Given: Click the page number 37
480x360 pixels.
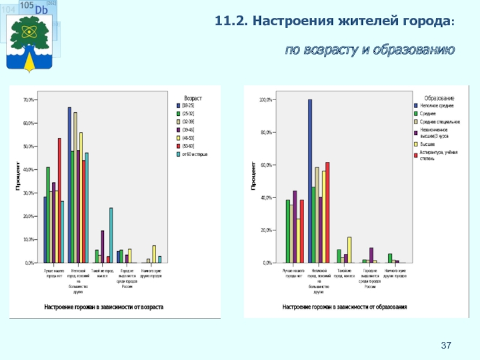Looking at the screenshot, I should (446, 345).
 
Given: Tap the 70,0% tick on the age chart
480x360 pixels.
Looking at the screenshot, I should (29, 100).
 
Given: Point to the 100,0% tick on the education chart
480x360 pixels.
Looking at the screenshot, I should (265, 100).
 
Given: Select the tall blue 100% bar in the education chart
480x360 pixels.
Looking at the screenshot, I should (310, 180).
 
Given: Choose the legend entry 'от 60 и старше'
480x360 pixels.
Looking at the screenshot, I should (194, 154).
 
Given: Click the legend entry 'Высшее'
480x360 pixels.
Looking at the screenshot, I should (427, 145).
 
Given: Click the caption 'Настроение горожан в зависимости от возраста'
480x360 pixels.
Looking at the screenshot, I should (103, 307).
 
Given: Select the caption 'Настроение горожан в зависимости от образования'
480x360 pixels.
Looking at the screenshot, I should (344, 307).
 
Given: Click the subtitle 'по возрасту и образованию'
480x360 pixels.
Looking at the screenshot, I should (370, 49).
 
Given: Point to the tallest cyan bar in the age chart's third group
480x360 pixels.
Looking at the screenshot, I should (111, 235).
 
